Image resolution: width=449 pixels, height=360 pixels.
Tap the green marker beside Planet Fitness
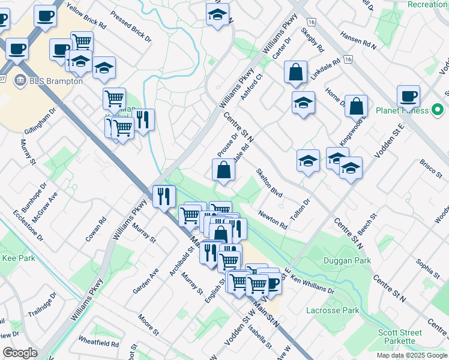click(x=438, y=110)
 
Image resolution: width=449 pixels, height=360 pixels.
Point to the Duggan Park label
click(x=347, y=260)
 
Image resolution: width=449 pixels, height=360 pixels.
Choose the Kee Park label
click(x=19, y=258)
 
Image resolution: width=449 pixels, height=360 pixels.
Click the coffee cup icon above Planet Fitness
click(x=408, y=96)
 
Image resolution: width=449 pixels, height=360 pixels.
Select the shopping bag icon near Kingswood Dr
click(x=356, y=106)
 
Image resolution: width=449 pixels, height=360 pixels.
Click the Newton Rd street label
click(x=273, y=220)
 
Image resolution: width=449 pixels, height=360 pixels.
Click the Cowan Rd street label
click(x=95, y=229)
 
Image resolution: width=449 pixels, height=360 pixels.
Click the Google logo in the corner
click(x=20, y=353)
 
